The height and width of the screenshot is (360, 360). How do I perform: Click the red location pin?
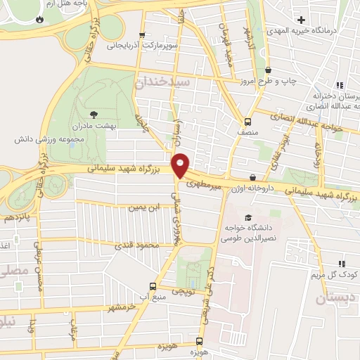pos(181,165)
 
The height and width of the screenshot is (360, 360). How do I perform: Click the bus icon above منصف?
pos(247,120)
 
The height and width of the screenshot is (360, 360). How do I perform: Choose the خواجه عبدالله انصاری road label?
pos(313,124)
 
